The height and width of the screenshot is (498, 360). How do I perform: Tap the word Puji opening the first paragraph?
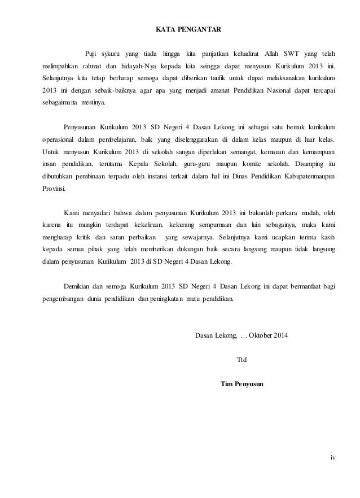pos(90,54)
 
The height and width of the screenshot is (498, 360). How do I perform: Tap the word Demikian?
pos(78,287)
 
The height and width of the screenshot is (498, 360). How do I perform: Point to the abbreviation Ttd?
pos(242,359)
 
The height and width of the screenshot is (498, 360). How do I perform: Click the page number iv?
pos(332,457)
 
